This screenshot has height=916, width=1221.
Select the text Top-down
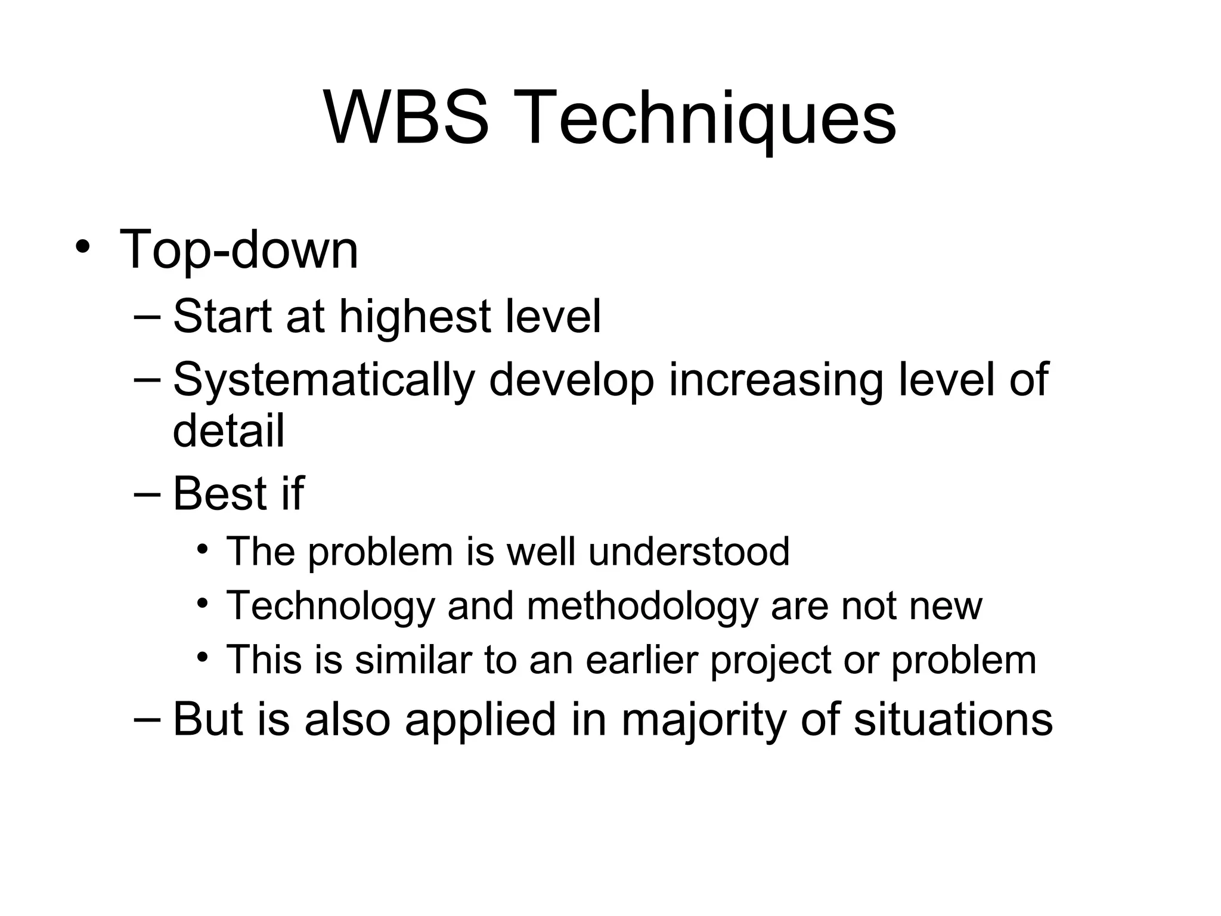pyautogui.click(x=239, y=249)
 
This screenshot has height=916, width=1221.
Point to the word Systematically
pyautogui.click(x=324, y=380)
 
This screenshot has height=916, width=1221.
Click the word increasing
pyautogui.click(x=775, y=380)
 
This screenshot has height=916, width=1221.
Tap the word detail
pyautogui.click(x=228, y=431)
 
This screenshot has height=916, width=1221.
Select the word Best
pyautogui.click(x=219, y=494)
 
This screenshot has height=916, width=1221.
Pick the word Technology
pyautogui.click(x=331, y=606)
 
